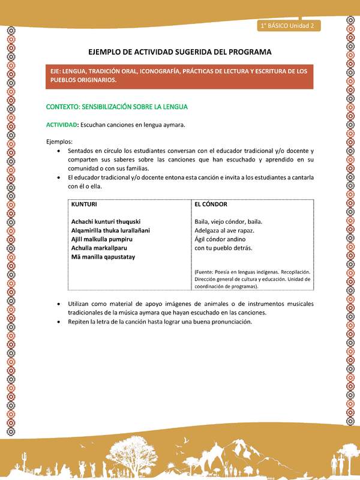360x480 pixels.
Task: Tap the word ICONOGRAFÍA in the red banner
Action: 179,71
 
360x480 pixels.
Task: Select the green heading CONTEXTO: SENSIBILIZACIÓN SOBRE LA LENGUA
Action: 117,107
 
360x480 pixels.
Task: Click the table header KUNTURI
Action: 84,205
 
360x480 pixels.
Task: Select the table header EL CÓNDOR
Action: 211,205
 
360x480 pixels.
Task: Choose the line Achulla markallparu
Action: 99,248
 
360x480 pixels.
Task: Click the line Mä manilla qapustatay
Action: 103,257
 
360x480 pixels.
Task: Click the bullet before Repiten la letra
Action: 58,322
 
